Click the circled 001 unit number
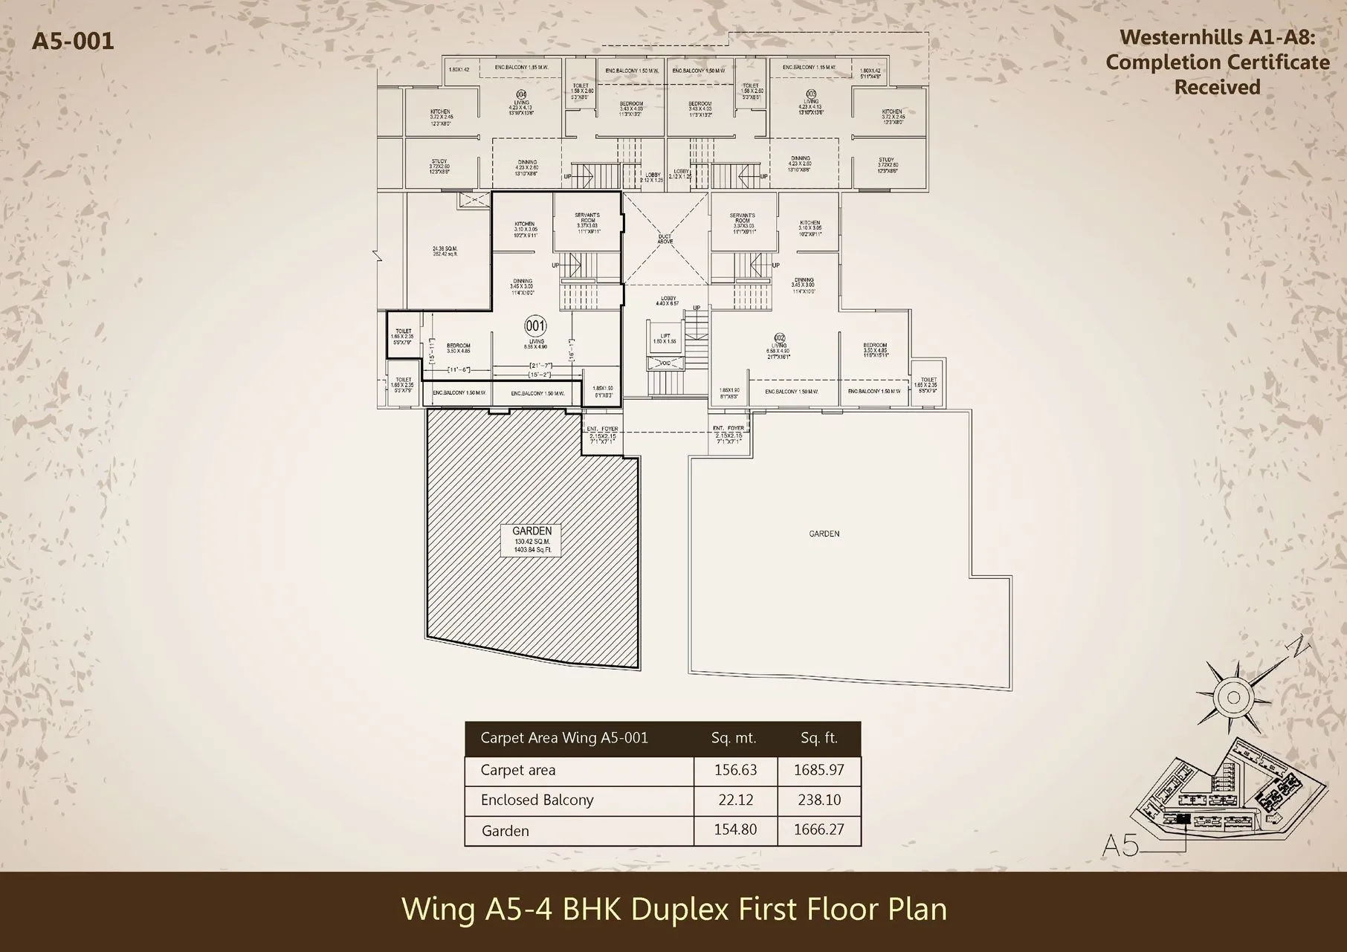[x=535, y=326]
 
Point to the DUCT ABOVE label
[x=665, y=239]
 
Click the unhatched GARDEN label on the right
[x=824, y=534]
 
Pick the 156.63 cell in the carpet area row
[x=735, y=771]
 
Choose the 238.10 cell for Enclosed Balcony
[x=818, y=800]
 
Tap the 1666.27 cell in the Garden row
[x=818, y=830]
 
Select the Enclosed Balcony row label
[x=537, y=800]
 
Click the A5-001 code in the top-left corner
[x=73, y=40]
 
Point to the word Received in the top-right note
[x=1217, y=87]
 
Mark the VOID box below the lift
[x=665, y=363]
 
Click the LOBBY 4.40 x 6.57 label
[x=668, y=301]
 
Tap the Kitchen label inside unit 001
[x=524, y=227]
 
